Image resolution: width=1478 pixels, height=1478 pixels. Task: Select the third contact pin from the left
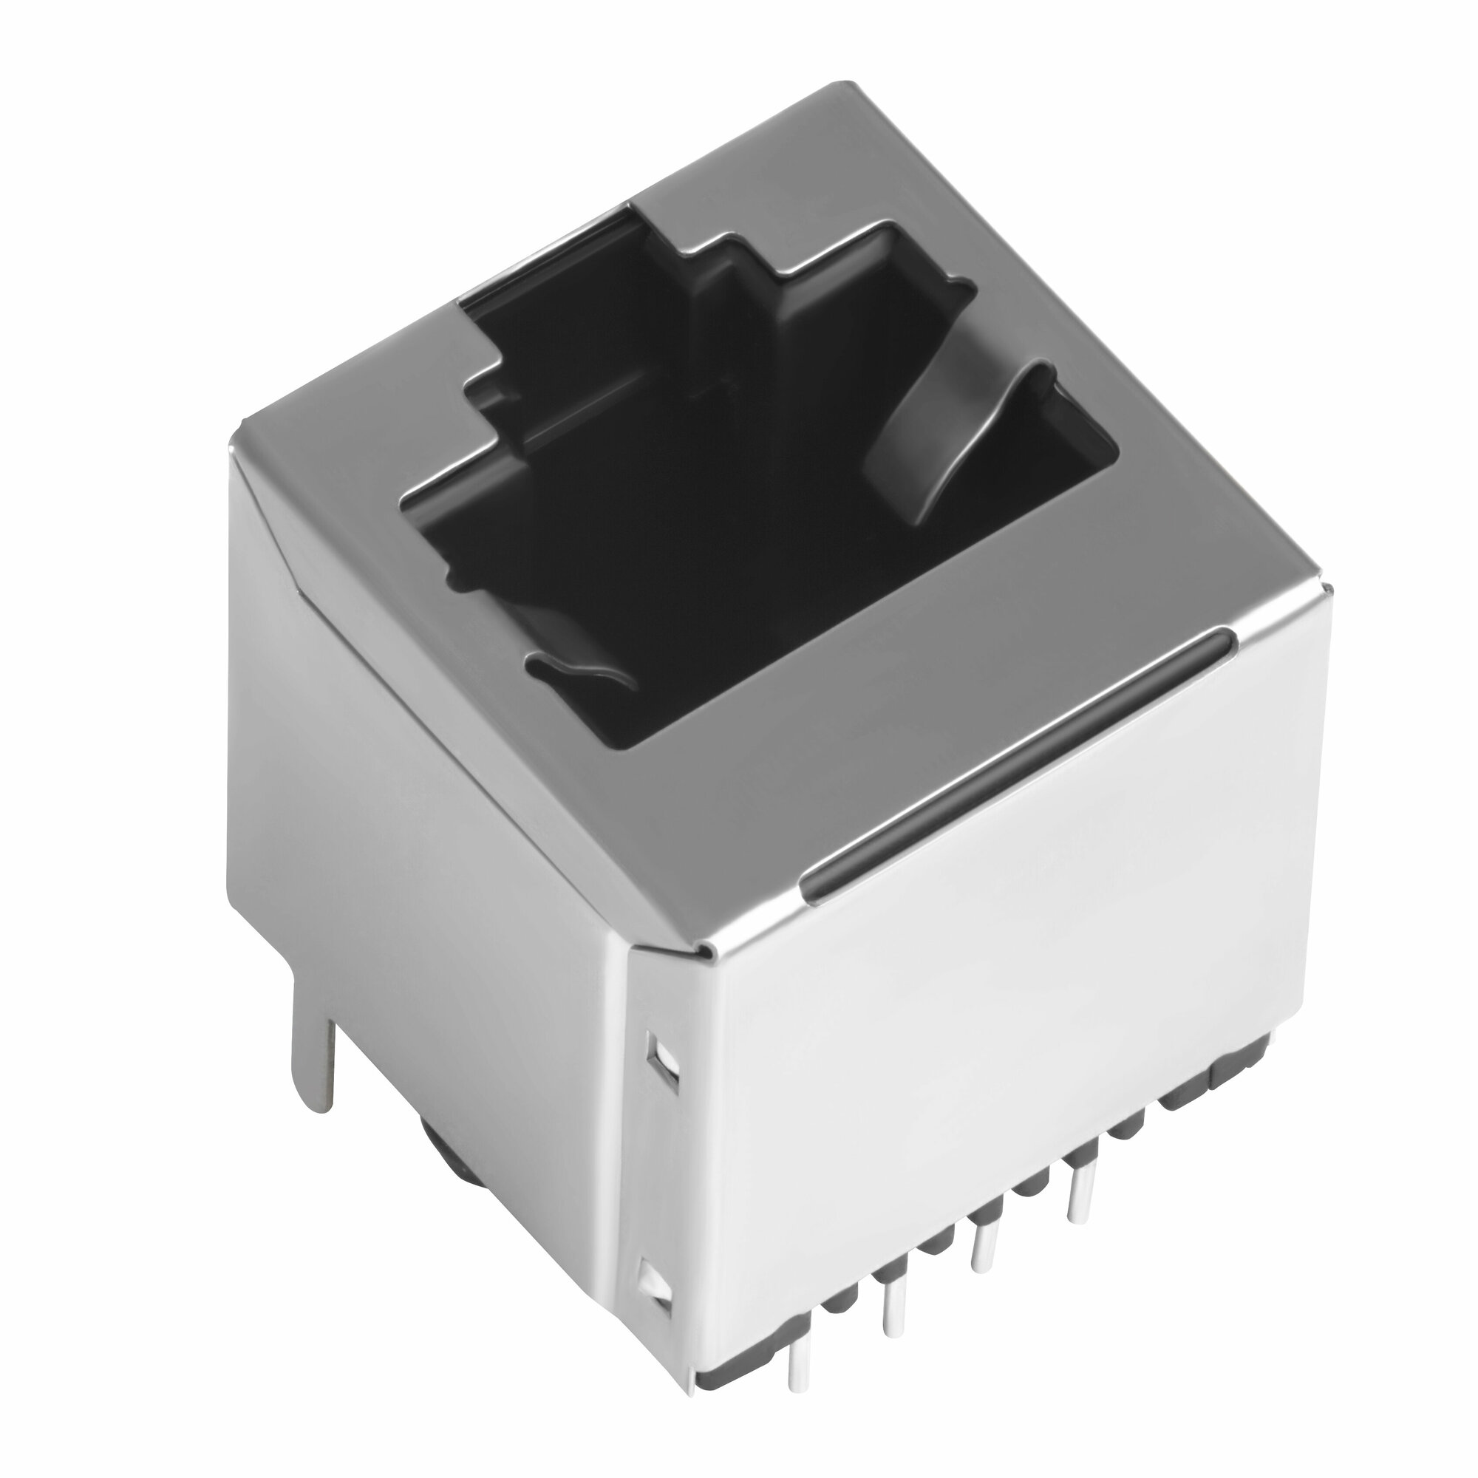pos(980,1239)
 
